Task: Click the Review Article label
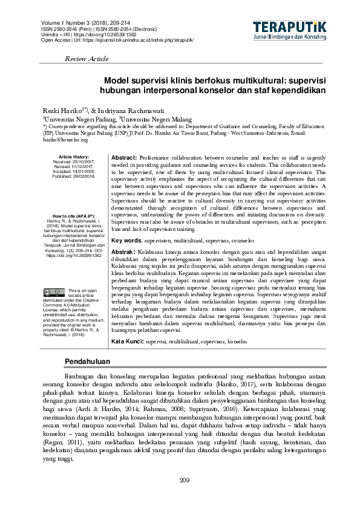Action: pos(86,59)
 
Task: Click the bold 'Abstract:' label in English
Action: pos(124,157)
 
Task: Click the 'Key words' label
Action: pos(126,239)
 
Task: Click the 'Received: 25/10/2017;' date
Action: pos(74,162)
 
